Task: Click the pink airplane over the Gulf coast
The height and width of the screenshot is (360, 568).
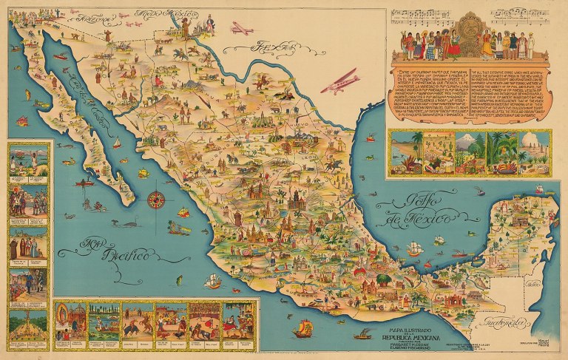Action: click(x=339, y=83)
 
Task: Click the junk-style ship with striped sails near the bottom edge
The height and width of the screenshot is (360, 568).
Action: click(x=302, y=327)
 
